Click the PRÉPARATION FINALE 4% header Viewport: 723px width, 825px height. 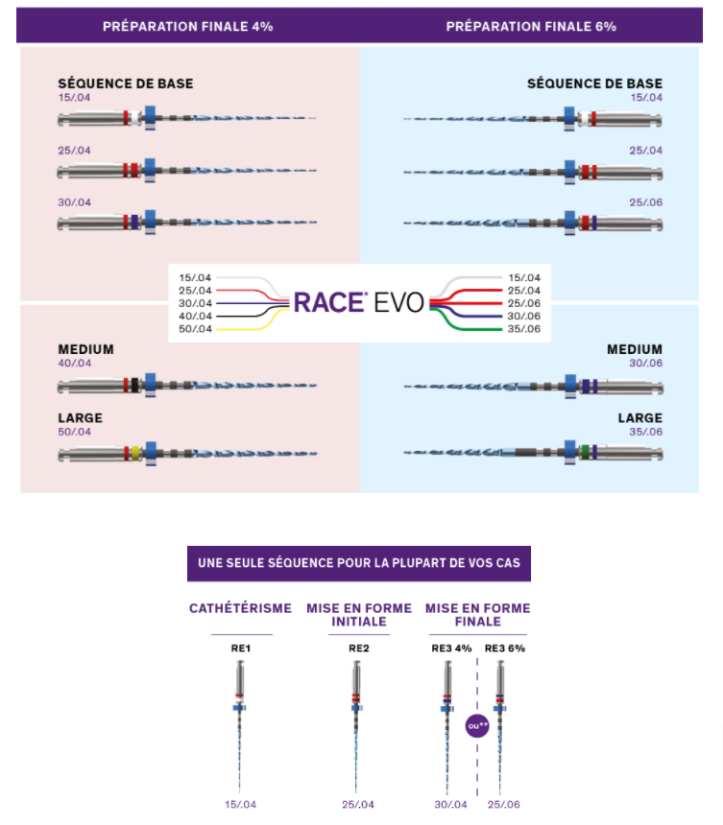pos(188,27)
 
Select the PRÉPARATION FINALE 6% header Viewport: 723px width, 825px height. pos(531,27)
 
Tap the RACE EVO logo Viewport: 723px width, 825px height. pos(358,302)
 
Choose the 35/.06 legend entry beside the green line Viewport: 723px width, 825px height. pos(524,329)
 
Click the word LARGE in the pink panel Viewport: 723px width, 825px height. pos(80,418)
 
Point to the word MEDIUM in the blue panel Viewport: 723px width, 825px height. pos(634,350)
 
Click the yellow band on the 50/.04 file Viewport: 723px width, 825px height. pos(137,452)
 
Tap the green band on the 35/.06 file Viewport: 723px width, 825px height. pos(585,452)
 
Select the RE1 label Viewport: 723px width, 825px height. pos(241,648)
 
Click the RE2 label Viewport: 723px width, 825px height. pos(358,648)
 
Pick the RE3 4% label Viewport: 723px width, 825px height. pos(451,648)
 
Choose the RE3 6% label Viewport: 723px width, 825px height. pos(505,648)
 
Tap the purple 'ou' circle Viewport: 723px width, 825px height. pos(477,725)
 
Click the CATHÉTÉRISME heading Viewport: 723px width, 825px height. pos(241,608)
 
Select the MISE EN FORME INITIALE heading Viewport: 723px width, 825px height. pos(358,615)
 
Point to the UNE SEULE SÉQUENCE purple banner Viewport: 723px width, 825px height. pos(358,563)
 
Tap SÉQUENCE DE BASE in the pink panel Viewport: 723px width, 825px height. pos(125,83)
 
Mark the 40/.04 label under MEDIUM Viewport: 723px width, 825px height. pos(74,365)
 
